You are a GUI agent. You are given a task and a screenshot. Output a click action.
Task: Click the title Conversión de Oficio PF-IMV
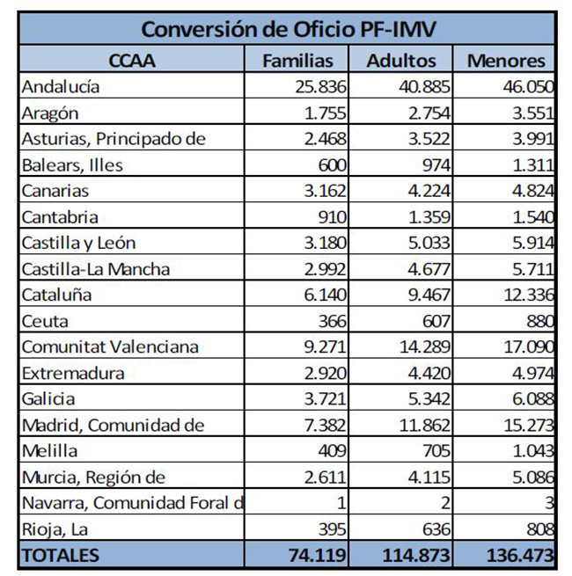click(x=287, y=29)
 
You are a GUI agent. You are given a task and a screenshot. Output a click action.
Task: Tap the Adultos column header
click(x=401, y=61)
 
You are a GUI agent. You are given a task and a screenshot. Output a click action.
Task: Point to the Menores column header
click(x=506, y=61)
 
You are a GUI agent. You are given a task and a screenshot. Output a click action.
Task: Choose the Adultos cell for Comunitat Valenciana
click(x=422, y=346)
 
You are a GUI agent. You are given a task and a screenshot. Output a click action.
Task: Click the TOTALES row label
click(x=61, y=556)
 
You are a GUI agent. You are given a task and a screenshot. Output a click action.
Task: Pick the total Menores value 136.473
click(x=518, y=556)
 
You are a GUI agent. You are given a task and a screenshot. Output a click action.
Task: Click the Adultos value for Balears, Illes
click(x=432, y=164)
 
